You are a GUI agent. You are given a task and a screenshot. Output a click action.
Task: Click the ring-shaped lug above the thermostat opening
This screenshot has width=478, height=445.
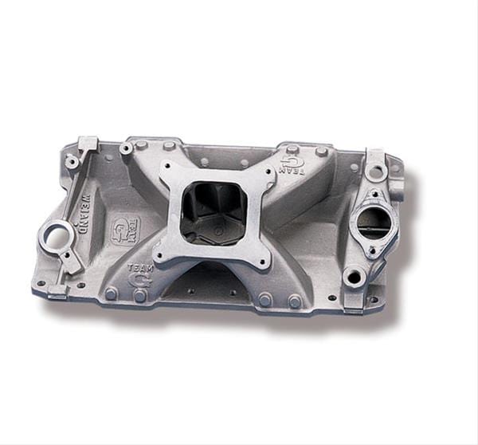375,170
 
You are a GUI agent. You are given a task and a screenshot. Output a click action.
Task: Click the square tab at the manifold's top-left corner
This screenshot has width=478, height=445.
88,143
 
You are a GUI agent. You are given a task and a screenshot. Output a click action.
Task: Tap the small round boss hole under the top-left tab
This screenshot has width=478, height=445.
72,162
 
